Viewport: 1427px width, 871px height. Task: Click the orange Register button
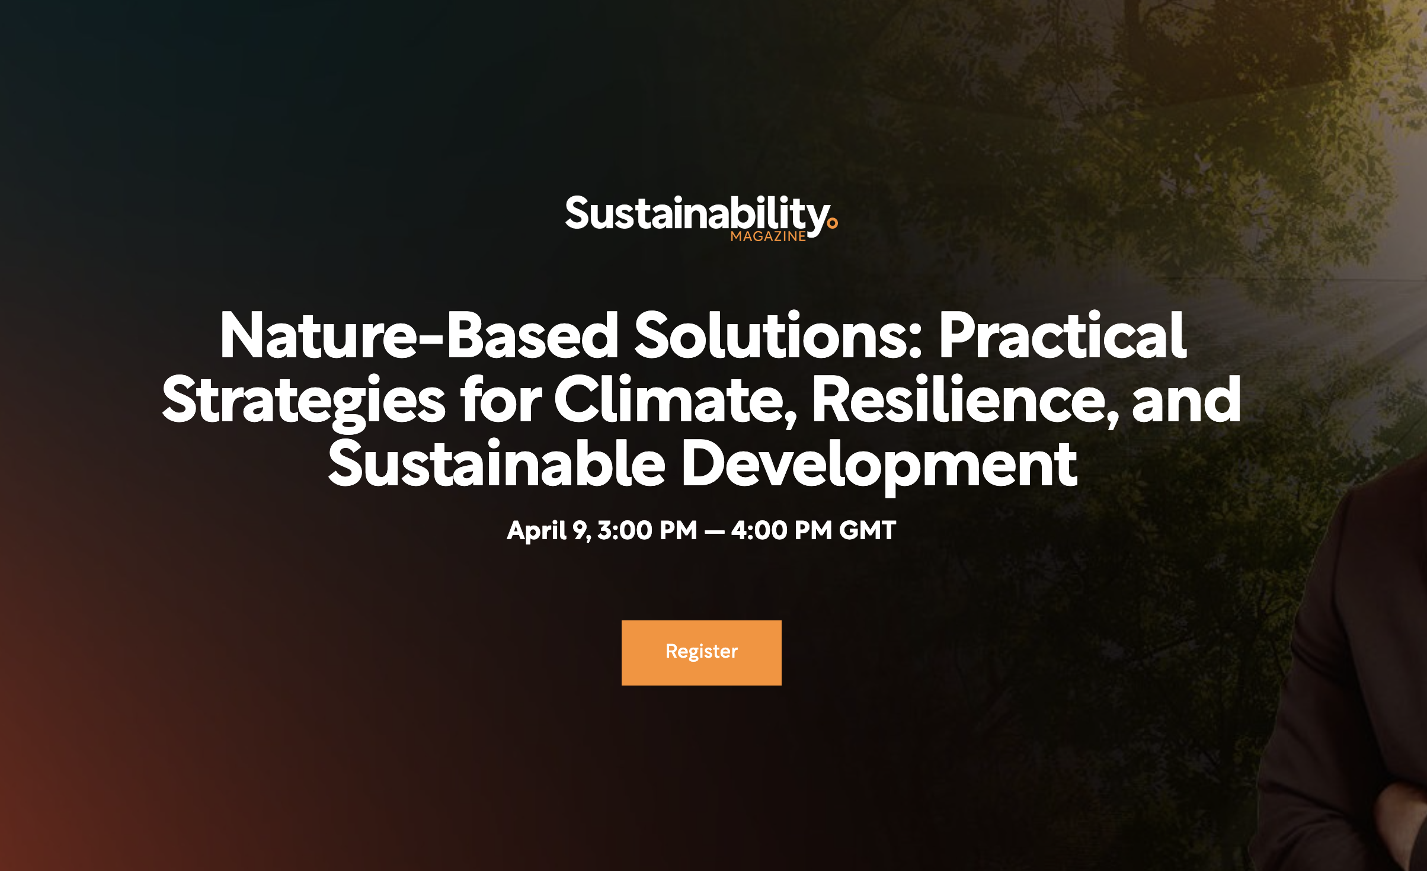701,652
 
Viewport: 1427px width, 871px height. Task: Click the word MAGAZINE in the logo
768,236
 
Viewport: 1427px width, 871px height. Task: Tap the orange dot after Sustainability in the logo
833,223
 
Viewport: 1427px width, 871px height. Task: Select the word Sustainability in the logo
697,214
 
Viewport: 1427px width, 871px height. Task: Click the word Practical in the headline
1063,336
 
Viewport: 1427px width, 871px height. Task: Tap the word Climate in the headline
670,401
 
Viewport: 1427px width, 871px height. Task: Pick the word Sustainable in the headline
497,465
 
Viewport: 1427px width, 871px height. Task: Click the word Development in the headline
879,465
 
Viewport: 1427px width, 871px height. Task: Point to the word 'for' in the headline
501,401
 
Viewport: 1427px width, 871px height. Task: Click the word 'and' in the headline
1186,401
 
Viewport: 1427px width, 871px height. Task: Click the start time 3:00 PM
647,530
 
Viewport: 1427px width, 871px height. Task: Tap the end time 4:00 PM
781,530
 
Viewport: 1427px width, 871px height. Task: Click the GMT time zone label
868,530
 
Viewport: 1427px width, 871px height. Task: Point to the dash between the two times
714,531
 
